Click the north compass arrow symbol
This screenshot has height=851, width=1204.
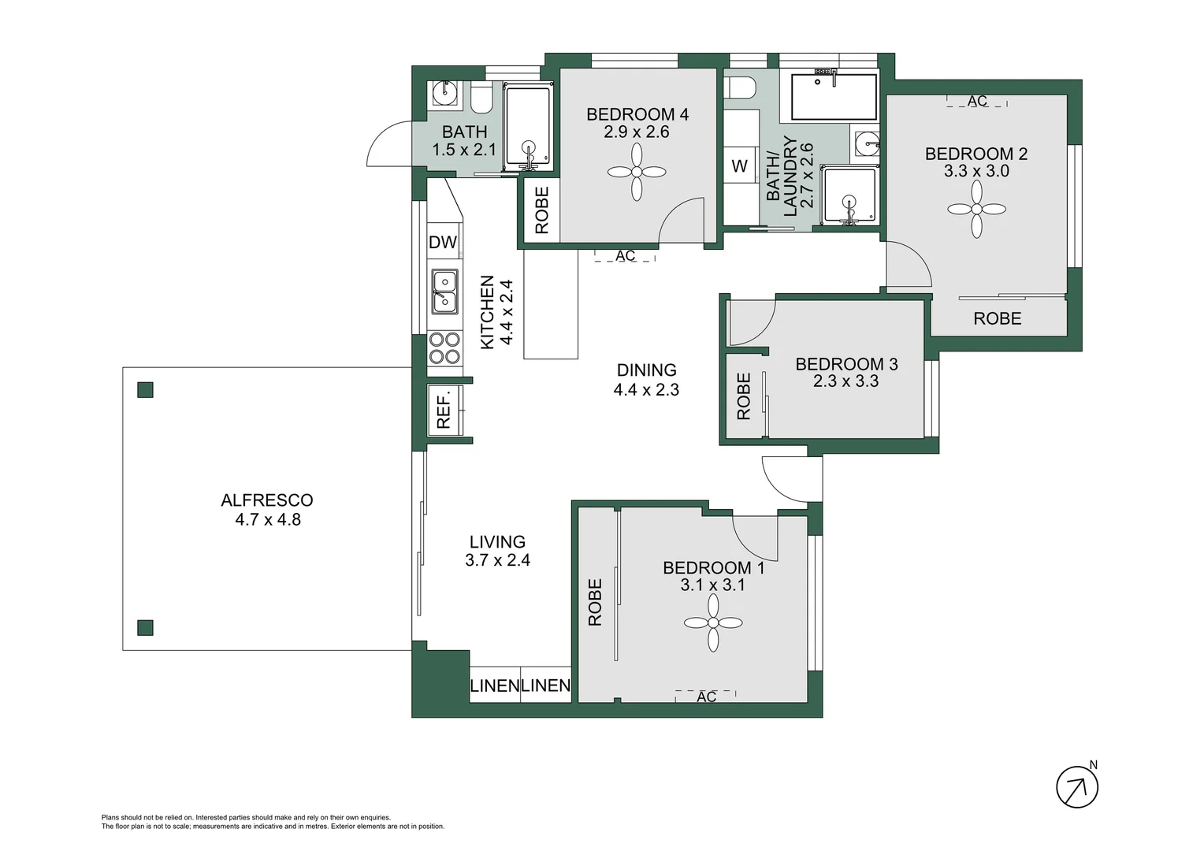(x=1076, y=786)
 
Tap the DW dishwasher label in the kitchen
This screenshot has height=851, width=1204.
(x=443, y=242)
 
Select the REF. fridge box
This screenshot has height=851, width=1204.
(x=444, y=410)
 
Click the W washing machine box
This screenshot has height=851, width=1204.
(x=739, y=165)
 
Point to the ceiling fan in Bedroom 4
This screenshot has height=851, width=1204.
(x=637, y=173)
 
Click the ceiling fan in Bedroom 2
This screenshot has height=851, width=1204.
(x=976, y=210)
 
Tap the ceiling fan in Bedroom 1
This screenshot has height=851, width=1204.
(x=713, y=622)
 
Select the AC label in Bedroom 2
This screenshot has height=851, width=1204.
(x=977, y=102)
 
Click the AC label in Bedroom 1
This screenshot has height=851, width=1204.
(x=706, y=697)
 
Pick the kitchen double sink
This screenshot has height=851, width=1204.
(x=444, y=291)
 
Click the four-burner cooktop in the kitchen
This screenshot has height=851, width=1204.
(x=444, y=348)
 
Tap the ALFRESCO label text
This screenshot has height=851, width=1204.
(x=267, y=500)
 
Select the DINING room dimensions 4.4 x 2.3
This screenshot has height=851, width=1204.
(x=646, y=389)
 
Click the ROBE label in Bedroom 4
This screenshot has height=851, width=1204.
(x=542, y=210)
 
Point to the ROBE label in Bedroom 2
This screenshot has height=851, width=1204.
(x=997, y=318)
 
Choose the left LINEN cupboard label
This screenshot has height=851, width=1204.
(x=494, y=686)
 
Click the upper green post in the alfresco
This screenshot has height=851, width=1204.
(x=145, y=390)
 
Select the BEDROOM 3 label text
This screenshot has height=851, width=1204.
(x=846, y=364)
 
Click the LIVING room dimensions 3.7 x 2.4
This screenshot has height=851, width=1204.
(x=497, y=560)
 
